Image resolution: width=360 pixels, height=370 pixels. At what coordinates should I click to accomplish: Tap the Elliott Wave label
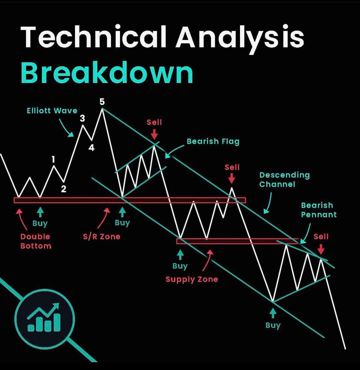pyautogui.click(x=52, y=110)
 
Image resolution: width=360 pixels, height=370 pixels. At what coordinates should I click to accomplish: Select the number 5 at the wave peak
pyautogui.click(x=102, y=102)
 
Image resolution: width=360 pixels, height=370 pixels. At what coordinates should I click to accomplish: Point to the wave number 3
pyautogui.click(x=82, y=118)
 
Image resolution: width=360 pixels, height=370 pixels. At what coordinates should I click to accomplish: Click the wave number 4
pyautogui.click(x=91, y=148)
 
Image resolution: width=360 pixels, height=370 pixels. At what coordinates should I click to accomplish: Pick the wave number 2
pyautogui.click(x=64, y=189)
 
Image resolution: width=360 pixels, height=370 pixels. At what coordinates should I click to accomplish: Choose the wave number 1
pyautogui.click(x=53, y=159)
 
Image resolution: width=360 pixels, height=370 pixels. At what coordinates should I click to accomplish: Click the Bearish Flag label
pyautogui.click(x=213, y=142)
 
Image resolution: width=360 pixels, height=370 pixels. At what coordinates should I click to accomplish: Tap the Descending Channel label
pyautogui.click(x=284, y=180)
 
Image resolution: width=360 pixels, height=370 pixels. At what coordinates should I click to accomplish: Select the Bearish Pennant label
pyautogui.click(x=319, y=210)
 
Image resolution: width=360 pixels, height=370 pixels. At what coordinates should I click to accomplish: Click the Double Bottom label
pyautogui.click(x=36, y=241)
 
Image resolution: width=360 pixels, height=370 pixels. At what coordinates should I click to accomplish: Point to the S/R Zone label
pyautogui.click(x=102, y=237)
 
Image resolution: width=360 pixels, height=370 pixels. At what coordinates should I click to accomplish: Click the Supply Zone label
pyautogui.click(x=192, y=279)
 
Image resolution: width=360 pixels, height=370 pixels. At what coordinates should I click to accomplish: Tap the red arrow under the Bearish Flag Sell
pyautogui.click(x=154, y=134)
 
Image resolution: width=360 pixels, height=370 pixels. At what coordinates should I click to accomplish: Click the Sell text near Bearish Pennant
pyautogui.click(x=321, y=237)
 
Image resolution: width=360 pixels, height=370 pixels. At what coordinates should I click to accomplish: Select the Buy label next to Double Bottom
pyautogui.click(x=40, y=223)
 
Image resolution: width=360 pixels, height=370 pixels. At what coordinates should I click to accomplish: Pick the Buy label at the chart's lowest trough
pyautogui.click(x=273, y=325)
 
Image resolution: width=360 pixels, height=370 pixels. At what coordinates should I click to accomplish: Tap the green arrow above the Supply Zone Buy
pyautogui.click(x=180, y=255)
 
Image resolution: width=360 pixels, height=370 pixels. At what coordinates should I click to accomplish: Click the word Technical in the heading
pyautogui.click(x=93, y=37)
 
